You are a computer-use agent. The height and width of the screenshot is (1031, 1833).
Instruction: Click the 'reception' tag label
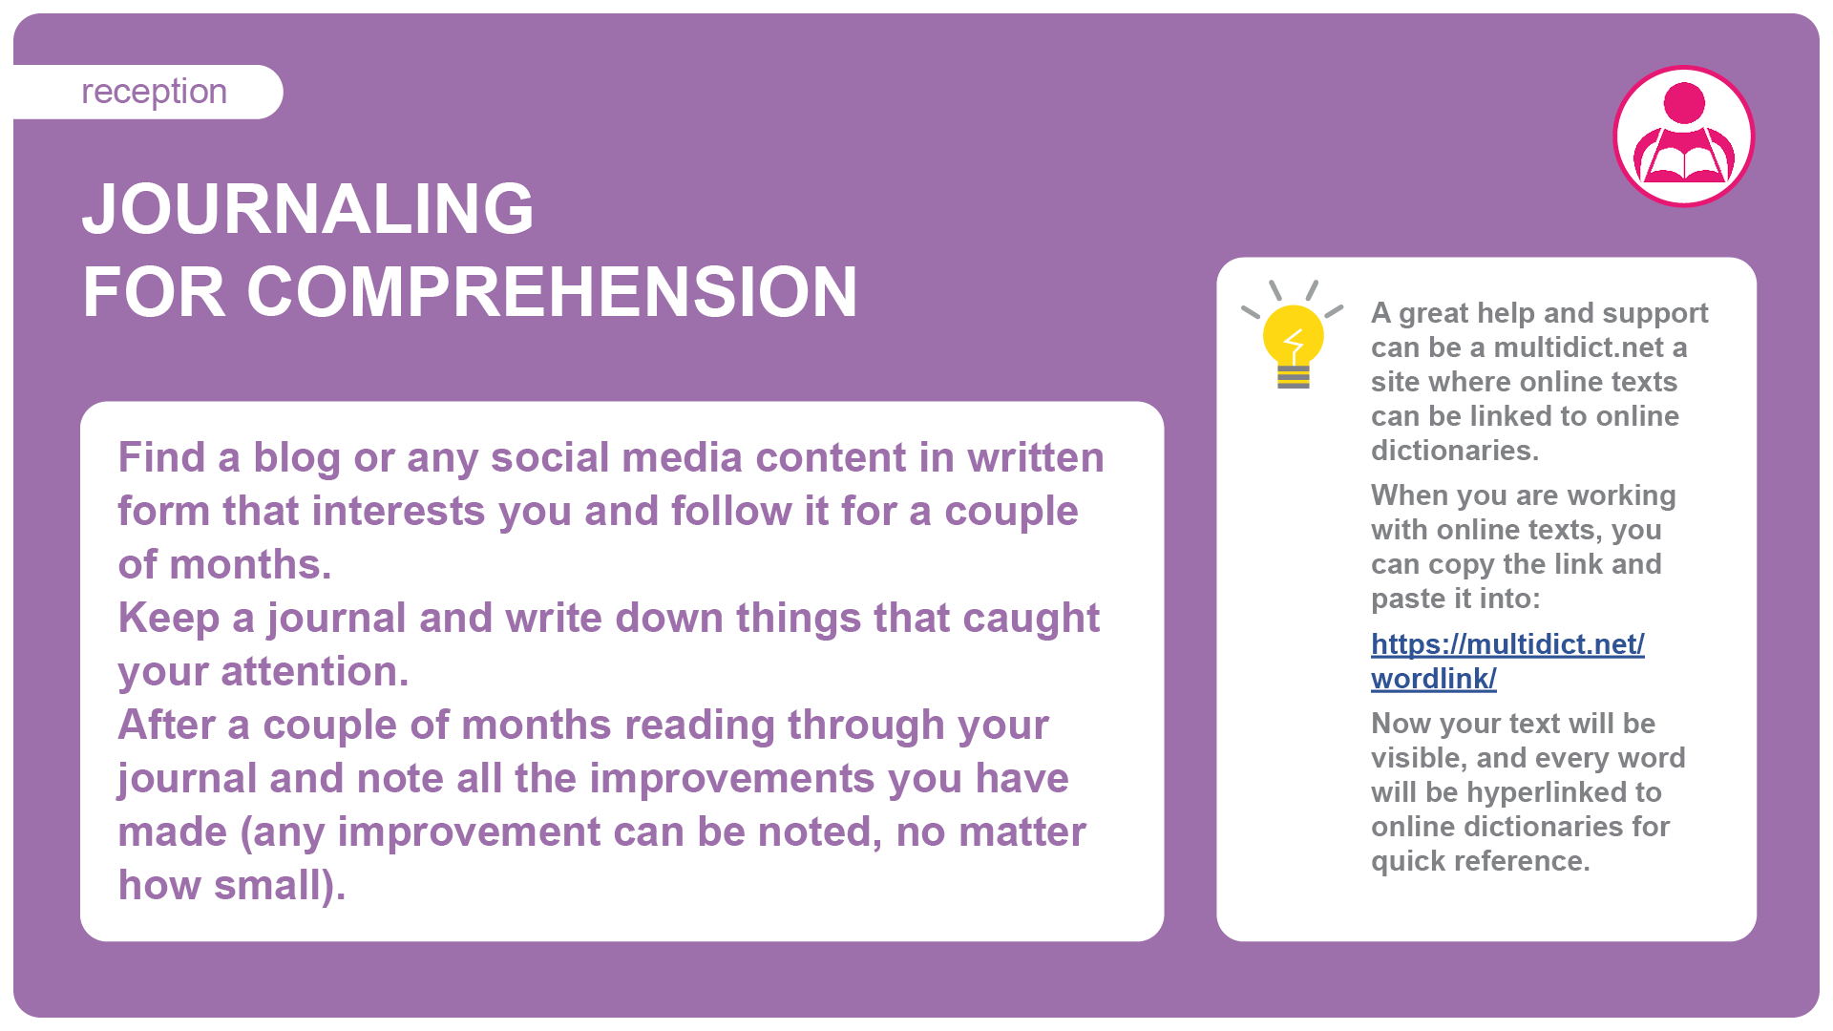click(x=154, y=92)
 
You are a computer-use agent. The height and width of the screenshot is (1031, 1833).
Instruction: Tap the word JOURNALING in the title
click(x=307, y=208)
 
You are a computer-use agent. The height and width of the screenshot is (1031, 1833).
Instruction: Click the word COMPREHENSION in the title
click(x=552, y=291)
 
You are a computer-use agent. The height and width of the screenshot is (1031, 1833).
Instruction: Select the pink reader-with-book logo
click(x=1684, y=136)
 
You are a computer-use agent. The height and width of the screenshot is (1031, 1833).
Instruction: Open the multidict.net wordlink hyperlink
click(x=1507, y=661)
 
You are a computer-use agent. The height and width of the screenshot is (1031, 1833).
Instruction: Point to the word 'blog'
click(x=296, y=458)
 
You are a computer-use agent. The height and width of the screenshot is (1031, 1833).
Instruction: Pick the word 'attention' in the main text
click(x=315, y=671)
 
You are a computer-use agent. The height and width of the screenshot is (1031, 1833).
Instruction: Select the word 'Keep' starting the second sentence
click(x=169, y=619)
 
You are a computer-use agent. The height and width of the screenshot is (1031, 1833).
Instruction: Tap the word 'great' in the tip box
click(x=1433, y=314)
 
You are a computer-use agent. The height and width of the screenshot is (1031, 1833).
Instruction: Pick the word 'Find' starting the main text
click(x=161, y=457)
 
